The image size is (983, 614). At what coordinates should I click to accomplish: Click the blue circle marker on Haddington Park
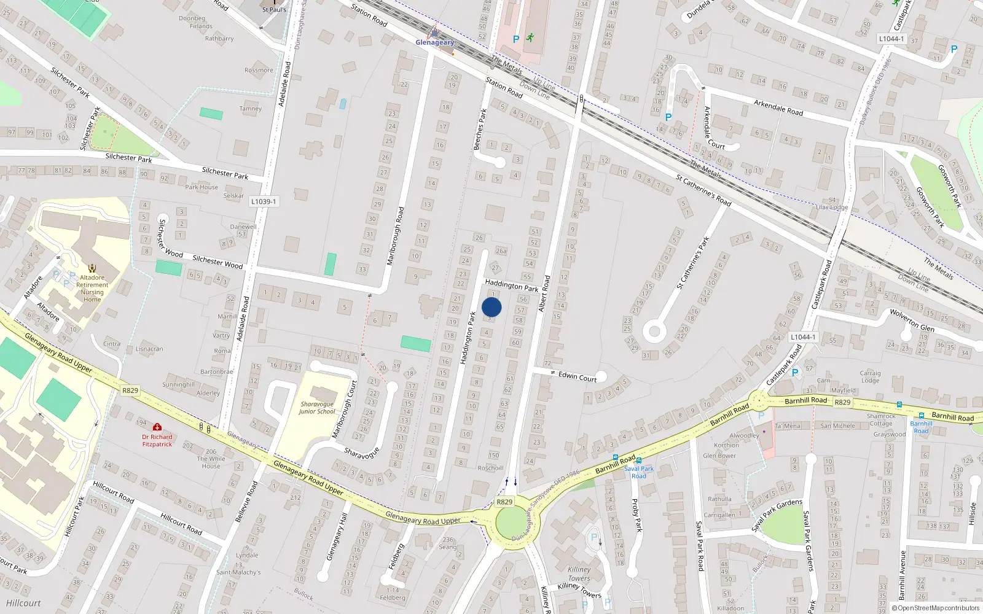(x=491, y=307)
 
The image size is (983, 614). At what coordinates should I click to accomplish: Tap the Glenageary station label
(x=435, y=42)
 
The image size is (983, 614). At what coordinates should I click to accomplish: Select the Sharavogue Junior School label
(x=317, y=408)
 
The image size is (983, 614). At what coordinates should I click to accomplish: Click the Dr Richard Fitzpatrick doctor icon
(x=157, y=427)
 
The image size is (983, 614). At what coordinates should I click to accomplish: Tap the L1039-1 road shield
(x=264, y=201)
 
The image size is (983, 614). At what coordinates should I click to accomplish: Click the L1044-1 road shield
(x=891, y=39)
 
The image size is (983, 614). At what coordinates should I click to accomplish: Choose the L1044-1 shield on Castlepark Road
(x=803, y=337)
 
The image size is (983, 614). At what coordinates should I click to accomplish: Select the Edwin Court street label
(x=578, y=376)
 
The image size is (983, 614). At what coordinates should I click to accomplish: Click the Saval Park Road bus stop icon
(x=639, y=460)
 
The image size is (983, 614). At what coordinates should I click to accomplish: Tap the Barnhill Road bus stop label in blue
(x=921, y=427)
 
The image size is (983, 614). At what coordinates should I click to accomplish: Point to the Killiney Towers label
(x=579, y=573)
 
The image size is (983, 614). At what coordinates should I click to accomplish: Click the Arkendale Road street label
(x=778, y=107)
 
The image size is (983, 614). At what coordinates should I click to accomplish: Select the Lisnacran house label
(x=149, y=349)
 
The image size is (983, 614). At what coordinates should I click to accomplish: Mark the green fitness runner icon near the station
(x=530, y=38)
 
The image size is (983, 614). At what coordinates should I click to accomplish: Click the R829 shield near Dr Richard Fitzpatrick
(x=130, y=391)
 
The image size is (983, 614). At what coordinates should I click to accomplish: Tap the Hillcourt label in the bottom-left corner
(x=23, y=603)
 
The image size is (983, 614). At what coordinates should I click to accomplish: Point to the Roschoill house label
(x=490, y=468)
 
